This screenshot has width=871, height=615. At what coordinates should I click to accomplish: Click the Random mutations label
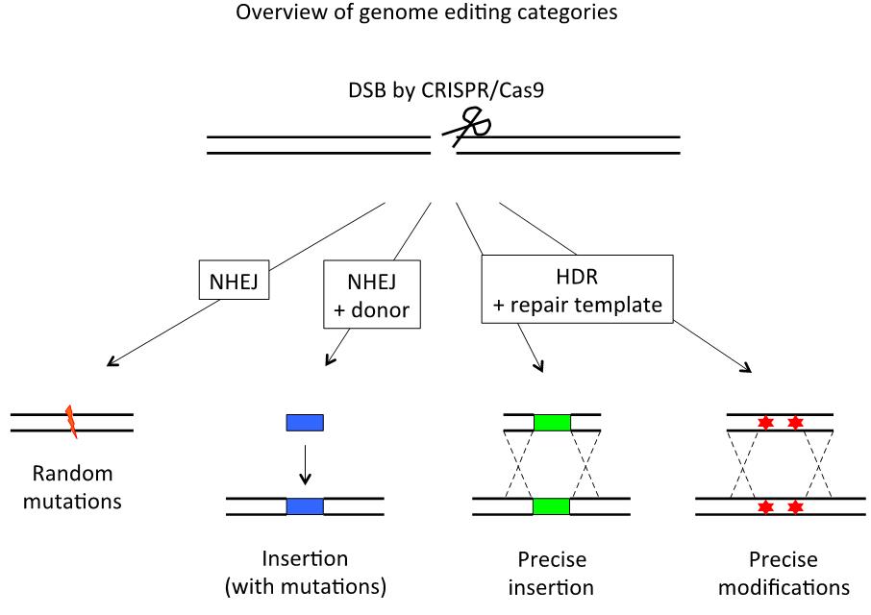(x=72, y=486)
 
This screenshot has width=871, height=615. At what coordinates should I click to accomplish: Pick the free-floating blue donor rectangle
(x=305, y=422)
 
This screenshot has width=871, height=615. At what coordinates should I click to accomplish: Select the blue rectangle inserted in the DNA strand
(x=305, y=506)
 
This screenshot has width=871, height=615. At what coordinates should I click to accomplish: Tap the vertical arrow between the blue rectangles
(x=305, y=463)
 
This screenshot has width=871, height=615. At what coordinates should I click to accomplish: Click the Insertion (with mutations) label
(x=305, y=573)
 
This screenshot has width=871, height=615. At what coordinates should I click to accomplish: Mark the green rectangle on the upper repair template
(x=552, y=422)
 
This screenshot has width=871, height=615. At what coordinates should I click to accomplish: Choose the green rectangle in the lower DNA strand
(x=552, y=506)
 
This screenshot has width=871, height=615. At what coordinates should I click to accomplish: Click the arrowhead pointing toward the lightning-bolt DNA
(x=110, y=362)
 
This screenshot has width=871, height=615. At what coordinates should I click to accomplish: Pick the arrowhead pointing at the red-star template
(x=748, y=367)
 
